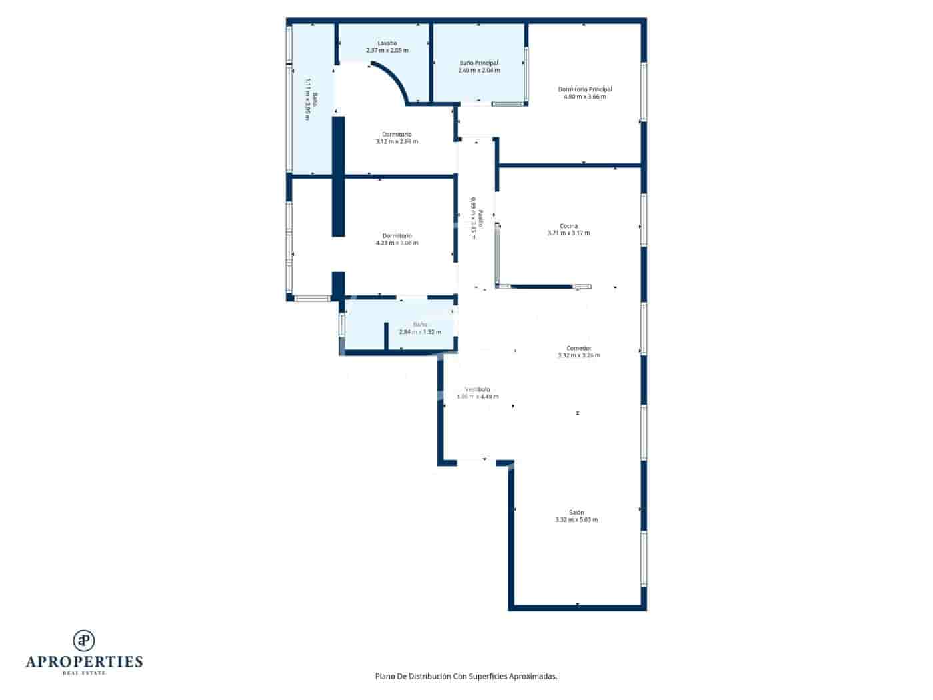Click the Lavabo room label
(387, 43)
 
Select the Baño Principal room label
(478, 63)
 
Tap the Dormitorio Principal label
(584, 89)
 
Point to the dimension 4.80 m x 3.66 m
(584, 97)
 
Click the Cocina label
(568, 226)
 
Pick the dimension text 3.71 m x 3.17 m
(568, 233)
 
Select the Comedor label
(578, 348)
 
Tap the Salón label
(576, 513)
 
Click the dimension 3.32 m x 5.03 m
(576, 520)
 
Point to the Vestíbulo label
(478, 389)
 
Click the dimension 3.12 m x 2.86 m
(397, 141)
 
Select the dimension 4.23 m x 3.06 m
(397, 243)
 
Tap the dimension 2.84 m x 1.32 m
(420, 332)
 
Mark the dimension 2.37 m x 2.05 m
(387, 51)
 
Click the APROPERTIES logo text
(84, 661)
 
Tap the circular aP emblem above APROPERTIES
(84, 640)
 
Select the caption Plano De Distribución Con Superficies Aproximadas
(466, 676)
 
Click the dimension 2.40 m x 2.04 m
(478, 71)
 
